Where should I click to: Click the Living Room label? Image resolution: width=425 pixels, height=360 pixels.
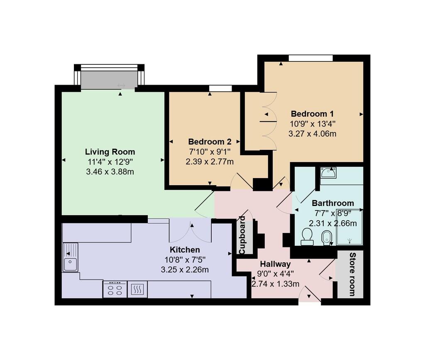tap(110, 152)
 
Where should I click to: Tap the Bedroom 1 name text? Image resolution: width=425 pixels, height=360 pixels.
tap(312, 114)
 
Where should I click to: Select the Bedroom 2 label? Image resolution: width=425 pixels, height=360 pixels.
tap(210, 141)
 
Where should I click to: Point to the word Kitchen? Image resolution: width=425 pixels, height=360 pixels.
tap(185, 250)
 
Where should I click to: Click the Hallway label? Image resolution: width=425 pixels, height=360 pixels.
tap(275, 264)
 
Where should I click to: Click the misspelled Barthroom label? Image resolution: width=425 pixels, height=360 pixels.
tap(333, 203)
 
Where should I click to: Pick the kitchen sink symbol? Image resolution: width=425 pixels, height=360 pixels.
tap(70, 258)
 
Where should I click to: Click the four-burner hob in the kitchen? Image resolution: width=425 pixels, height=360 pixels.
tap(115, 289)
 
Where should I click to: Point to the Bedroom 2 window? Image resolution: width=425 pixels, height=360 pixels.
tap(220, 88)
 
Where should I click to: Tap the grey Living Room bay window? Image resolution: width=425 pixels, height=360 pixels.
tap(109, 80)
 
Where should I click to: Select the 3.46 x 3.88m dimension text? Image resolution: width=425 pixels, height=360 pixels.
tap(110, 171)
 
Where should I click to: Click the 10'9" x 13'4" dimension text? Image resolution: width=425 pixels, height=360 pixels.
tap(312, 124)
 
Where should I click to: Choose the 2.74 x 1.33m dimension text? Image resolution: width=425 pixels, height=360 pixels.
tap(275, 284)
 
